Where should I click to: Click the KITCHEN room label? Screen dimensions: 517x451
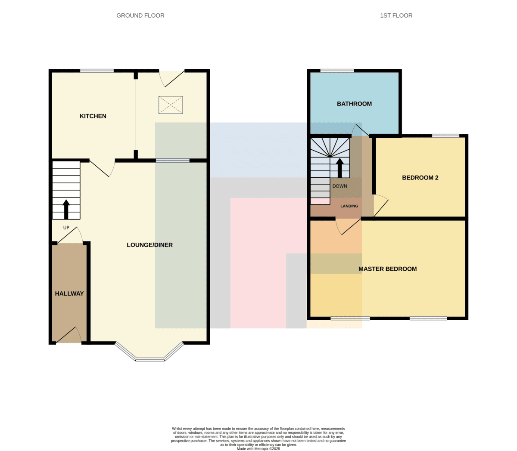coord(93,116)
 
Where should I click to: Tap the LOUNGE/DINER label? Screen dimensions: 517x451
coord(149,245)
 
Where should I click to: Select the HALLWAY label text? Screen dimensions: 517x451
coord(69,293)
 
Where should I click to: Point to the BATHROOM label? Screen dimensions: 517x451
coord(354,104)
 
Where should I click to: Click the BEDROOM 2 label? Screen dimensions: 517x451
coord(420,178)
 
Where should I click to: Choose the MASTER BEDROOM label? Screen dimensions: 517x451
coord(388,269)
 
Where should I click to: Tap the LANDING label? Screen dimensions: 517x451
coord(349,206)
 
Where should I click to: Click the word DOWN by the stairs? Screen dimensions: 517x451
coord(339,186)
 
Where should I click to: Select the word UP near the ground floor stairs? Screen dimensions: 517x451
coord(66,228)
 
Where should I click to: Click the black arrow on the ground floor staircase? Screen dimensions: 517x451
coord(66,210)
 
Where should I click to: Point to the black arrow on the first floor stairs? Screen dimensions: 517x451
coord(339,168)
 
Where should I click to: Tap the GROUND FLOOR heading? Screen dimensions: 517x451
coord(140,15)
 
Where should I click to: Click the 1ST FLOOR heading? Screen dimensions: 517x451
coord(396,15)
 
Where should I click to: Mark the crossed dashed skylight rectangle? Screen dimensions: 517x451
coord(171,105)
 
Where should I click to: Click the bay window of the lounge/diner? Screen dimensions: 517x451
coord(149,353)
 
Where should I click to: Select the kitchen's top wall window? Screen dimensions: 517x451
coord(97,71)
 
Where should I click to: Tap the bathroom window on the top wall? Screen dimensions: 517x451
coord(337,71)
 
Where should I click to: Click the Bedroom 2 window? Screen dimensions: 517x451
coord(445,136)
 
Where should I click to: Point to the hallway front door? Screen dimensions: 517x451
coord(69,335)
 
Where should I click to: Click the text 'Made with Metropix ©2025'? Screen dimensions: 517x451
coord(258,449)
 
